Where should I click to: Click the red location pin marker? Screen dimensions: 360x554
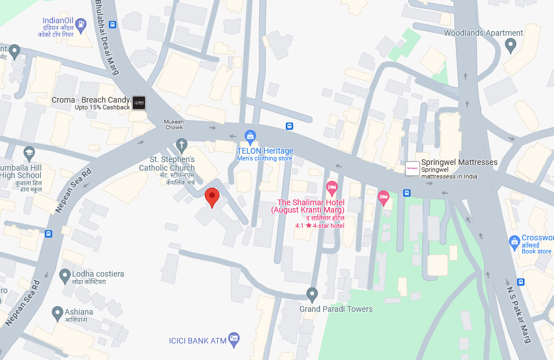tap(212, 197)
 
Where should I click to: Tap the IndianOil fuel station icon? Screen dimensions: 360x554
tap(81, 24)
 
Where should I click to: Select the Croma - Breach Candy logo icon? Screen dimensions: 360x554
tap(139, 103)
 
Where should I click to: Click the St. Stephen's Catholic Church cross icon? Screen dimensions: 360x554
tap(181, 144)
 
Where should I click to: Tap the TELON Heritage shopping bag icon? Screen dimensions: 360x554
tap(249, 135)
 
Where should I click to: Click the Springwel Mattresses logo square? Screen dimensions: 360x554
tap(412, 168)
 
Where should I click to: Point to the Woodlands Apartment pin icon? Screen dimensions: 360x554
tap(510, 45)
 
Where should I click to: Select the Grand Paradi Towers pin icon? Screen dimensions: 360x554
tap(312, 294)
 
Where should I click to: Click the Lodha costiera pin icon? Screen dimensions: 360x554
tap(65, 276)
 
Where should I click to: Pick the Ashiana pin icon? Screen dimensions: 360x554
tap(57, 312)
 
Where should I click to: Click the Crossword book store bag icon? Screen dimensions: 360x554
tap(514, 242)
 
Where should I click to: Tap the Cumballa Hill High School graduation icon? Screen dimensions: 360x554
tap(29, 153)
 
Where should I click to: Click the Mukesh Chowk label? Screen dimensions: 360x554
tap(174, 124)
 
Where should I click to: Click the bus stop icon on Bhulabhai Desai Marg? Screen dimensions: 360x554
tap(113, 24)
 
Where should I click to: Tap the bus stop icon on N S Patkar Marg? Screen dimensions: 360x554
tap(521, 282)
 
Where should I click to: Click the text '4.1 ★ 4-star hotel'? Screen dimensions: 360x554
tap(320, 226)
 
